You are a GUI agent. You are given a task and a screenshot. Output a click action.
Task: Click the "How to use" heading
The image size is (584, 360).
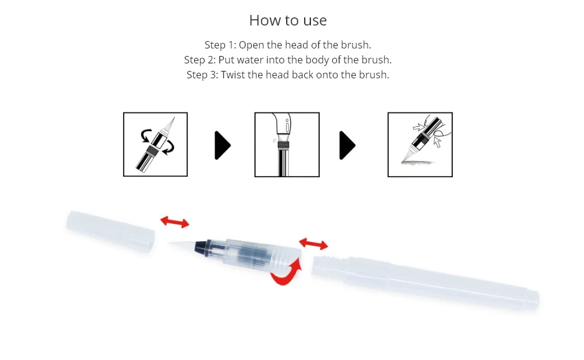(288, 21)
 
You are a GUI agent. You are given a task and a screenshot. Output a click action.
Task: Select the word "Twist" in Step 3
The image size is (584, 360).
(233, 75)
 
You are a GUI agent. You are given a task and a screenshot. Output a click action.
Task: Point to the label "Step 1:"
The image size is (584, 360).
(220, 45)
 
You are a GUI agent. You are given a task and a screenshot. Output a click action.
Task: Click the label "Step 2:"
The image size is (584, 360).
(200, 60)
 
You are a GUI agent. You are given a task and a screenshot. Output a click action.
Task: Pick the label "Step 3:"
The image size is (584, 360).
(202, 75)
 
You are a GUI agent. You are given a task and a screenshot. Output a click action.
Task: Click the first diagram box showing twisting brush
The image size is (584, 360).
(155, 144)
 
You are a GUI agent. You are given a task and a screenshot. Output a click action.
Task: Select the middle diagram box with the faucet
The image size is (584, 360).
(287, 144)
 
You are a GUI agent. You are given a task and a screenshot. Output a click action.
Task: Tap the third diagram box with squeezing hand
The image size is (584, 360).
(420, 144)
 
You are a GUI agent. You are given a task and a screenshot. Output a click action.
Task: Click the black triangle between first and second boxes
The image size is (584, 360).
(223, 145)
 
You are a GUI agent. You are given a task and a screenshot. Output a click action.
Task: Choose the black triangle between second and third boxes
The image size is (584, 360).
(347, 145)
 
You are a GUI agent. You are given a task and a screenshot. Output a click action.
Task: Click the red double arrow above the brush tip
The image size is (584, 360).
(175, 222)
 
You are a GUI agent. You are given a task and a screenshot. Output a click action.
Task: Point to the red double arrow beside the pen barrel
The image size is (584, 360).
(313, 244)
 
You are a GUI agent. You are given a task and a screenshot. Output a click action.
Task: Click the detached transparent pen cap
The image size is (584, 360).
(110, 231)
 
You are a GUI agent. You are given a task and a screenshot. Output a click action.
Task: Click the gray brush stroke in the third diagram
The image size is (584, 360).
(418, 163)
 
